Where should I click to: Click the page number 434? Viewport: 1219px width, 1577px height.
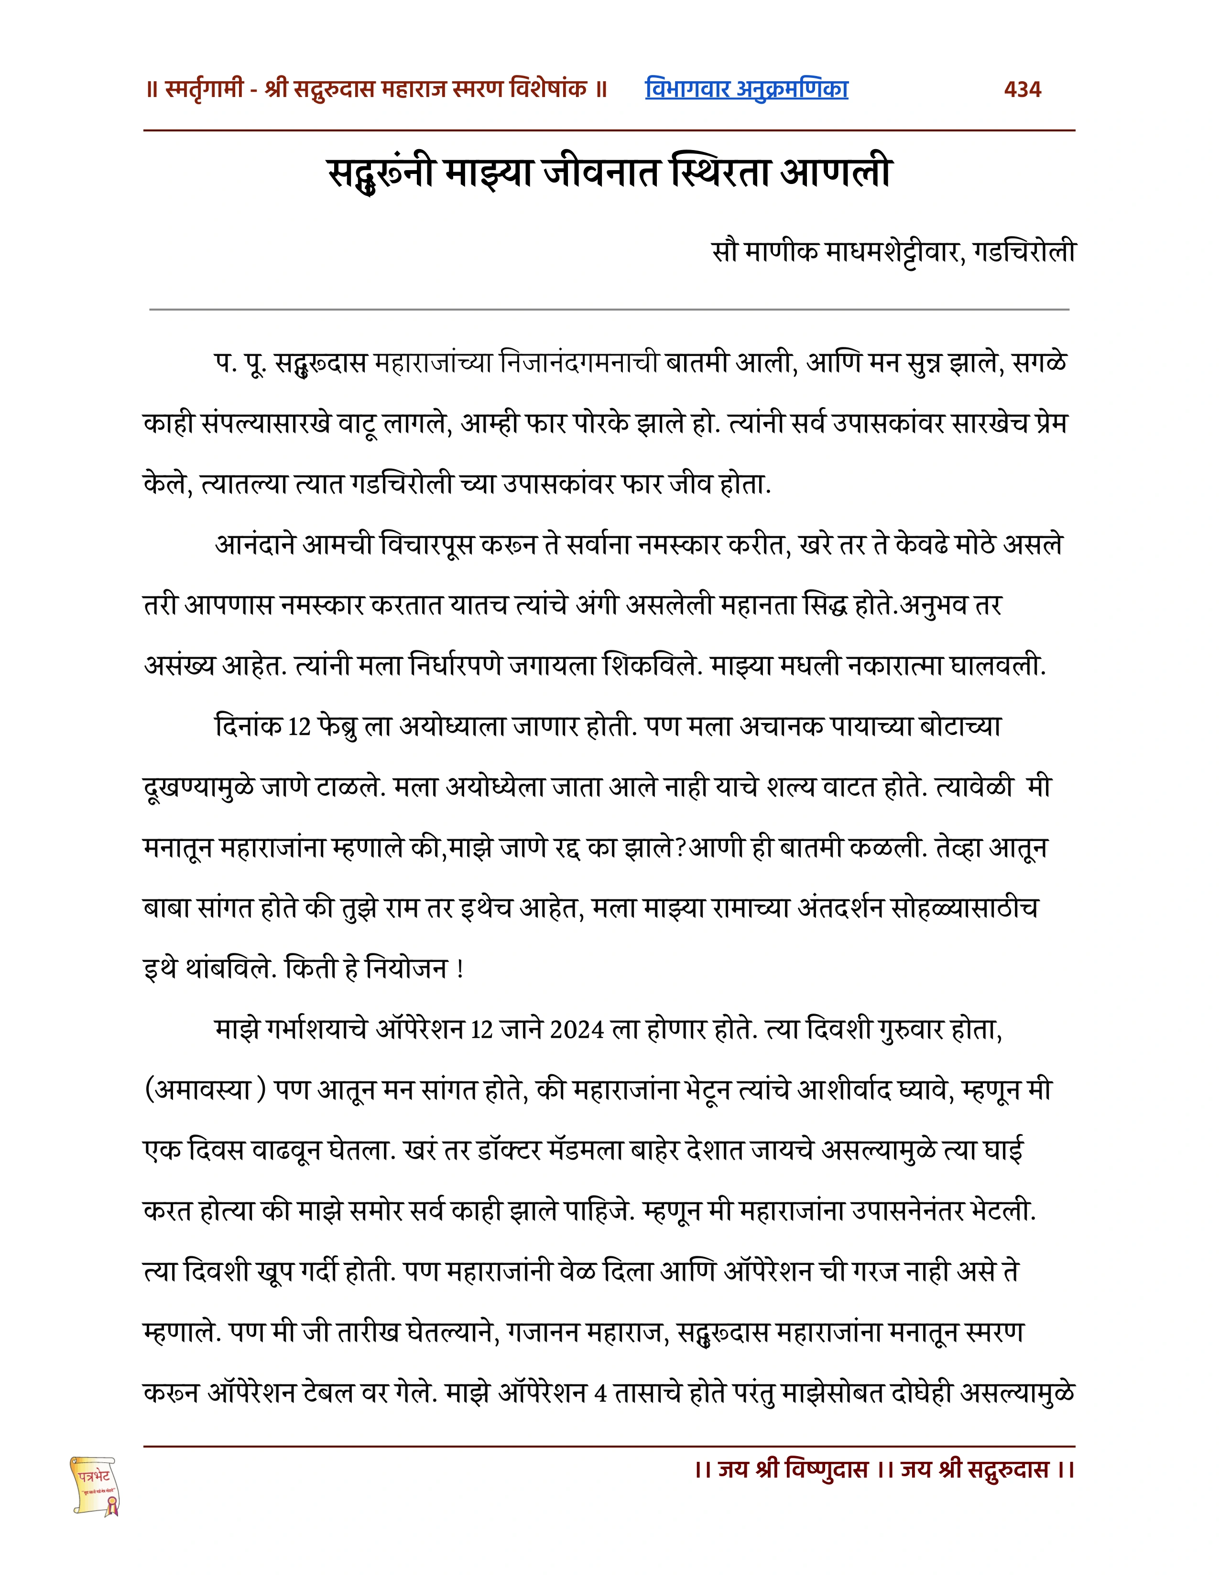coord(1022,89)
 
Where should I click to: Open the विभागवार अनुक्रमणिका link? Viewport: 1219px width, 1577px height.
coord(746,89)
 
